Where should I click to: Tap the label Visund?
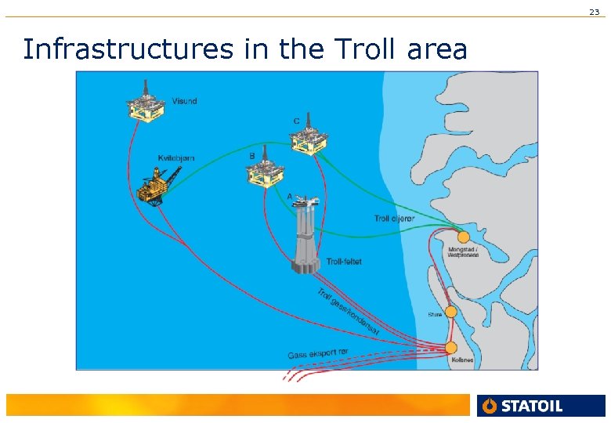point(185,101)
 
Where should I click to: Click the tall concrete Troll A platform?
point(305,235)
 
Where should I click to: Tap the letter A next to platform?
point(290,196)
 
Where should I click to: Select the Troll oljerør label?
point(394,219)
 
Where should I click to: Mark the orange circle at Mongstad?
point(463,237)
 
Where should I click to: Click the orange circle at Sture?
point(450,312)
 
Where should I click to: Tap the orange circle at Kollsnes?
point(450,347)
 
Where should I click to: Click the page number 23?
point(594,12)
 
